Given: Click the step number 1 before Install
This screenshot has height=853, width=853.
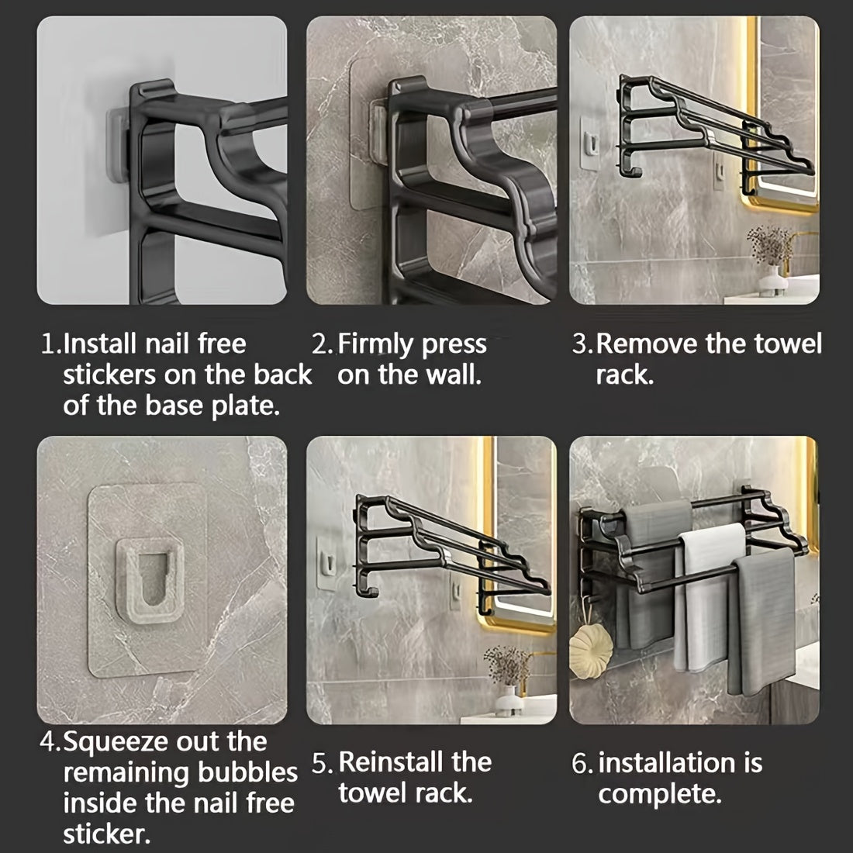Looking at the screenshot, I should [48, 344].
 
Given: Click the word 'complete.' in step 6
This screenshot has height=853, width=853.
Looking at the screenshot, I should [660, 793].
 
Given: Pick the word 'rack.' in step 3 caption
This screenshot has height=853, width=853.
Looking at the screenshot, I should [624, 375].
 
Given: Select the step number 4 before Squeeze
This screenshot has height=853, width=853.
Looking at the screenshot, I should [48, 742].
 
